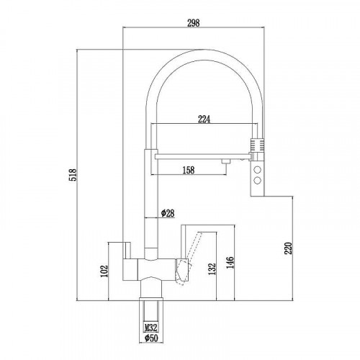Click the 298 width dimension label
tap(193, 23)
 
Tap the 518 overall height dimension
tap(73, 175)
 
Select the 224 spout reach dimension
tap(204, 119)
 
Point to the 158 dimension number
tap(189, 170)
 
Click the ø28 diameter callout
tap(168, 213)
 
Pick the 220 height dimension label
tap(288, 248)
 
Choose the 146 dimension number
tap(230, 263)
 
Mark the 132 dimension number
tap(212, 269)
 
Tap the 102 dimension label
tap(104, 271)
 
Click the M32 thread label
tap(151, 327)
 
